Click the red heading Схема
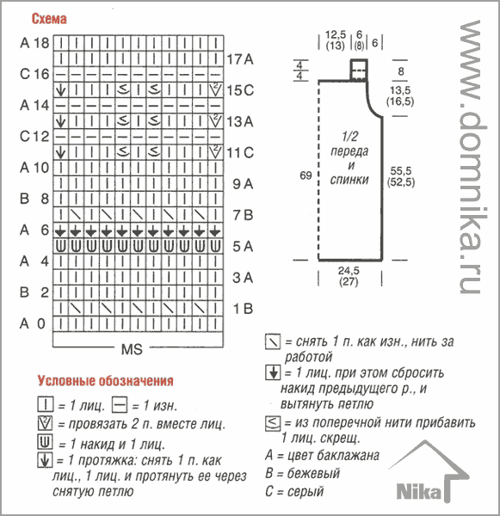click(x=49, y=19)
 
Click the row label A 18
click(x=34, y=43)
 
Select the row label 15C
click(x=240, y=90)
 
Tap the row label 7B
click(x=243, y=215)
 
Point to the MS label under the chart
click(x=132, y=349)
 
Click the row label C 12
click(x=34, y=136)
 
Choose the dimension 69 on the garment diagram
click(x=306, y=175)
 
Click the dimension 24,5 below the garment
click(x=349, y=271)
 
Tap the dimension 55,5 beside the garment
click(x=401, y=171)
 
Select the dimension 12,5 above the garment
click(x=336, y=34)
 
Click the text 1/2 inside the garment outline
click(x=349, y=136)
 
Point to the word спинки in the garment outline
click(x=349, y=180)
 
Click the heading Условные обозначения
click(x=105, y=381)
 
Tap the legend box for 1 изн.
click(x=120, y=404)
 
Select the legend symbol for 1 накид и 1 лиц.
click(x=45, y=442)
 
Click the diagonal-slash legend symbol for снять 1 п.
click(x=273, y=341)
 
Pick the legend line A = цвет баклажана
click(x=323, y=456)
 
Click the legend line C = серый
click(x=294, y=491)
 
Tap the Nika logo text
click(x=418, y=492)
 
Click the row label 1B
click(x=243, y=309)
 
